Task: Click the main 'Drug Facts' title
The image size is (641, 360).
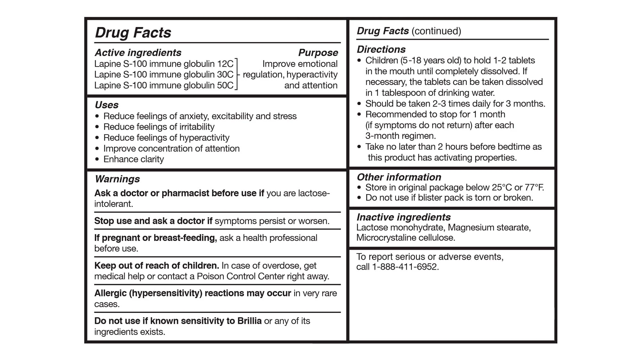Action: [x=133, y=33]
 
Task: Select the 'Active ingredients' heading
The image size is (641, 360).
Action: [x=138, y=53]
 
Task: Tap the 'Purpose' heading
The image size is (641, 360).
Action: [x=318, y=53]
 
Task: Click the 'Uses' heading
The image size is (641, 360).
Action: [x=107, y=105]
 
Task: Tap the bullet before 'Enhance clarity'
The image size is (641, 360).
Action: [x=97, y=159]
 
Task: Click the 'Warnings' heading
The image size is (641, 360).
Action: [x=117, y=179]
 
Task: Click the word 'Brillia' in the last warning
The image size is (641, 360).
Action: [x=249, y=321]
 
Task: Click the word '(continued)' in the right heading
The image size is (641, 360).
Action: [x=436, y=31]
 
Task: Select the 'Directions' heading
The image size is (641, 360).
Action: [x=381, y=49]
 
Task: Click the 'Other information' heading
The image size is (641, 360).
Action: [x=399, y=177]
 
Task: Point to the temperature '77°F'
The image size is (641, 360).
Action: [x=534, y=187]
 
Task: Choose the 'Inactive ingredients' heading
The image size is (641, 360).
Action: [x=404, y=217]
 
